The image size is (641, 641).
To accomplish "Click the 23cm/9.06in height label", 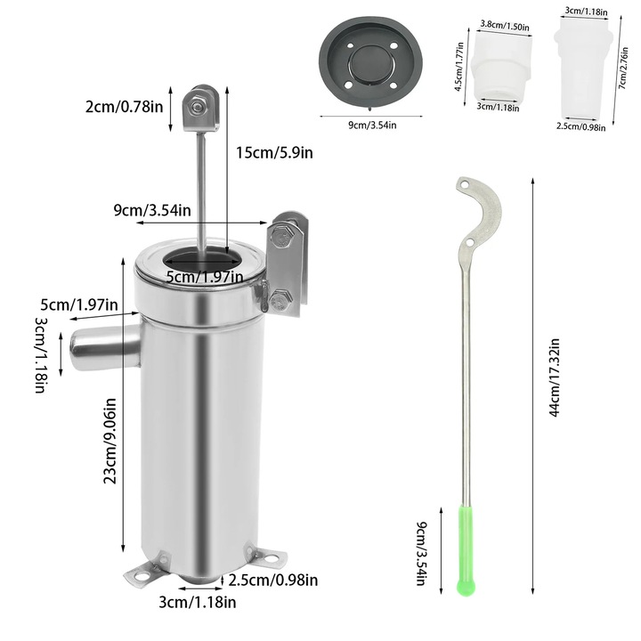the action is pyautogui.click(x=110, y=441).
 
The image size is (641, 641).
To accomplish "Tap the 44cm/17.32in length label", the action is pyautogui.click(x=554, y=377).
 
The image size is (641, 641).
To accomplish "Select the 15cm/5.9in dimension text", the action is pyautogui.click(x=274, y=152).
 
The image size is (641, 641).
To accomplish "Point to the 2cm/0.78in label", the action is pyautogui.click(x=124, y=107).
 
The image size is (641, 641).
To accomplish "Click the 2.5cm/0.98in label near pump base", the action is pyautogui.click(x=273, y=580).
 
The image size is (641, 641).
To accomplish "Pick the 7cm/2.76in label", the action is pyautogui.click(x=623, y=69).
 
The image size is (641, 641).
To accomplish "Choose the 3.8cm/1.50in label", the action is pyautogui.click(x=505, y=25).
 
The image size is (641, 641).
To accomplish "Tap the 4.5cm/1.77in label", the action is pyautogui.click(x=459, y=67).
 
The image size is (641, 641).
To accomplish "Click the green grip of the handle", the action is pyautogui.click(x=466, y=550).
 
